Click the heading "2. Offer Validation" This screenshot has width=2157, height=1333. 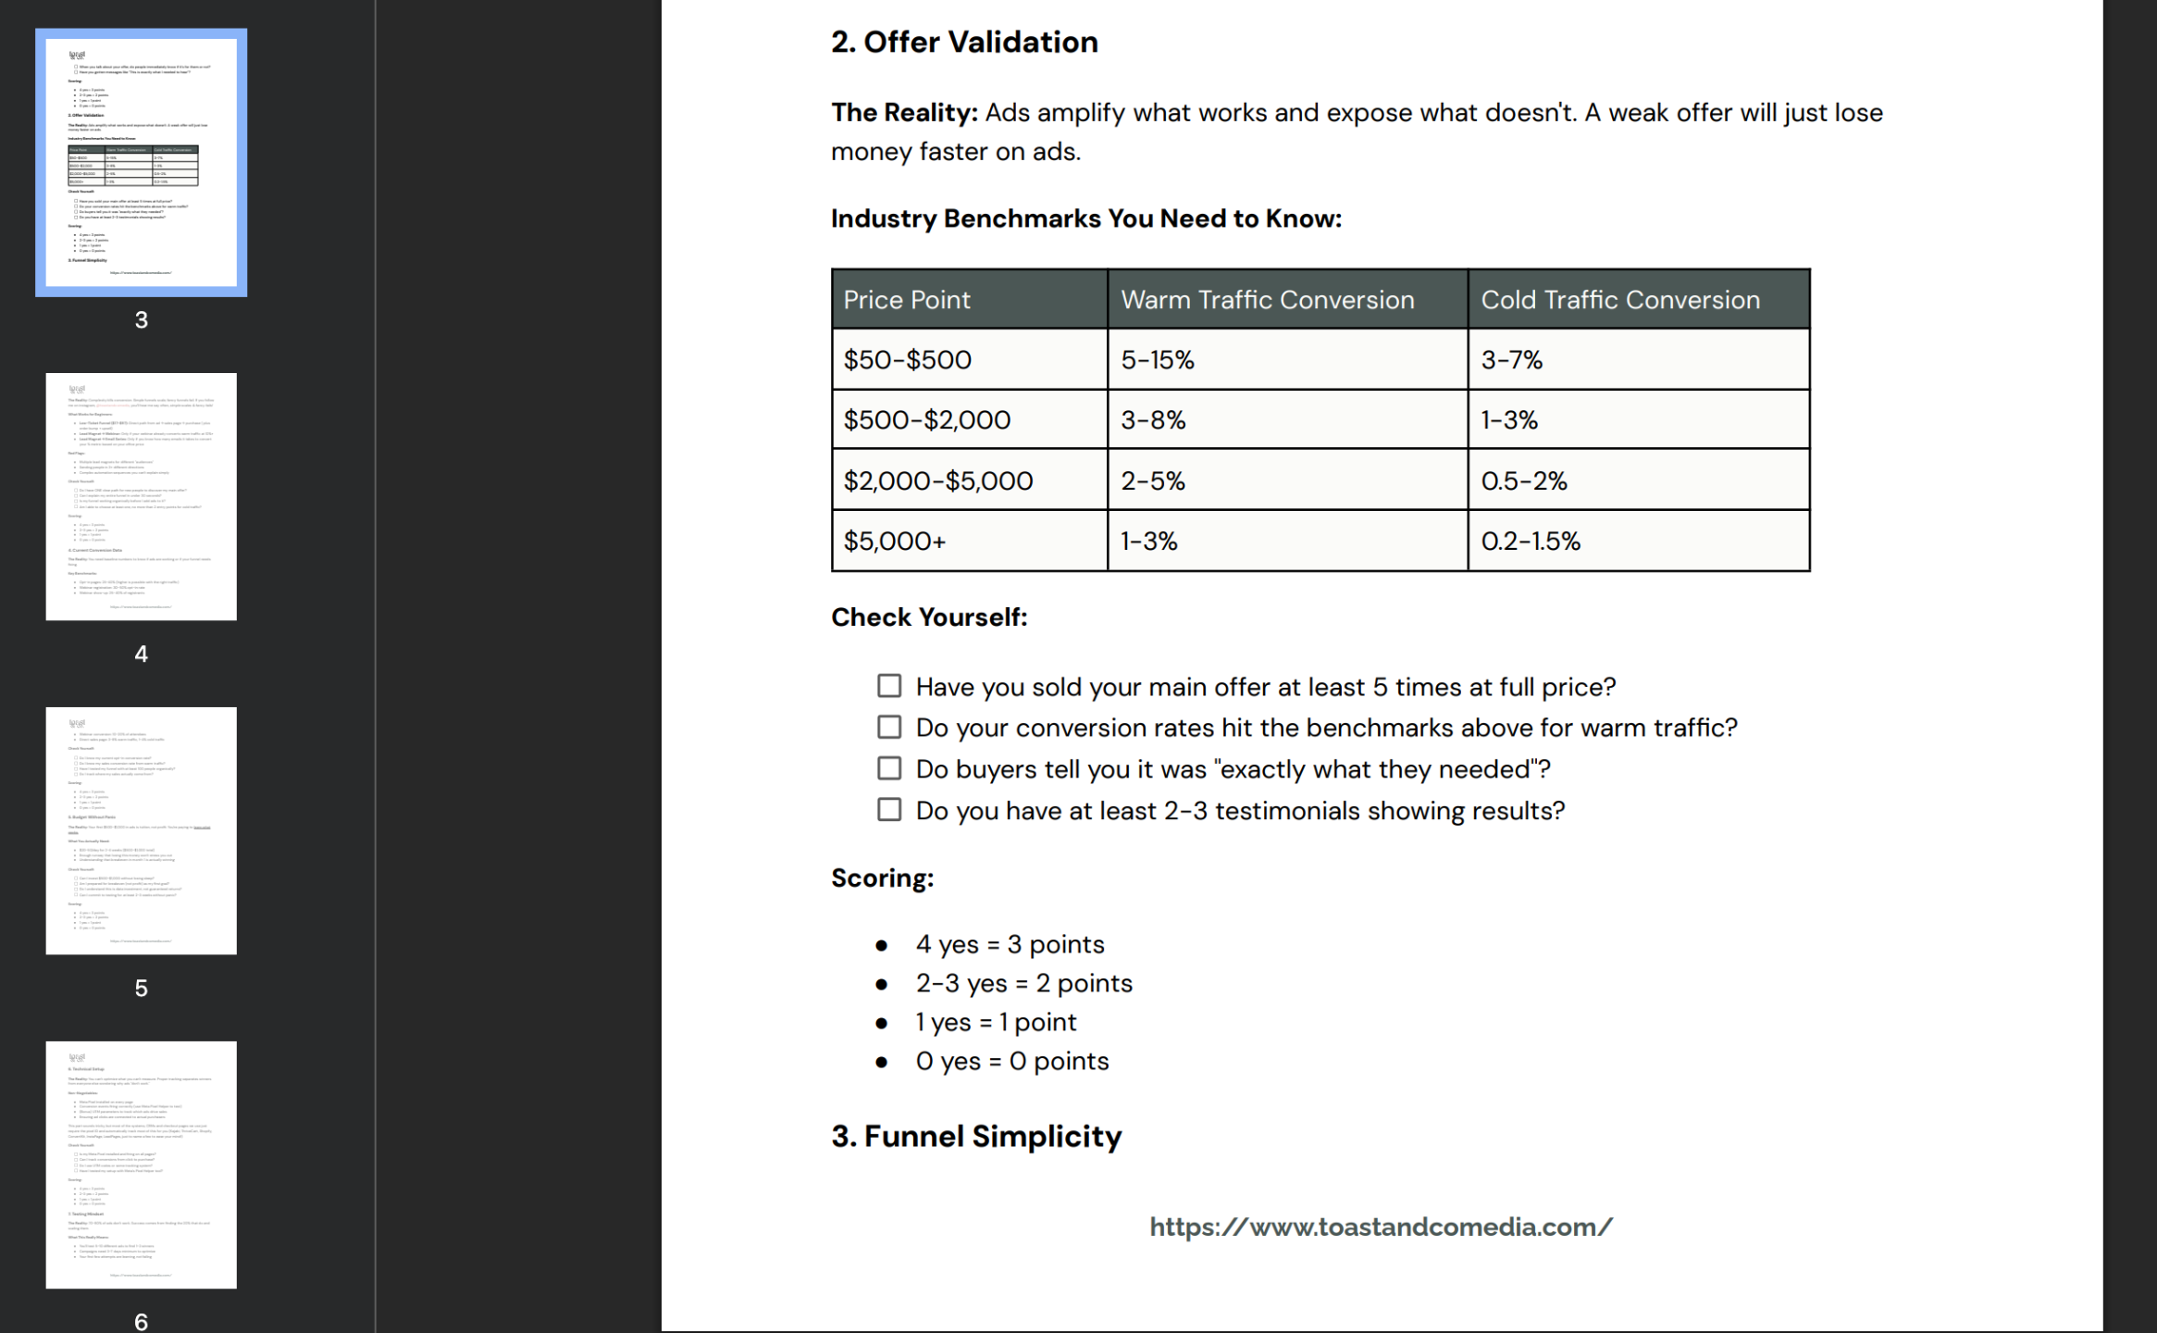click(x=963, y=43)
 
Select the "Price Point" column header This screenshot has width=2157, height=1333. click(x=907, y=300)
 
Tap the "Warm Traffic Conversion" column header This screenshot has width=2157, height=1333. click(x=1267, y=300)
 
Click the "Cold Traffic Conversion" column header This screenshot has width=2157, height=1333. click(x=1619, y=300)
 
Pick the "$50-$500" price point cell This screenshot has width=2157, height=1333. click(x=907, y=360)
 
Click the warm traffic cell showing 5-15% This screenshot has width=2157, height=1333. click(x=1157, y=360)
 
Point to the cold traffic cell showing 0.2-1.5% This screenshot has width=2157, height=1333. click(x=1530, y=542)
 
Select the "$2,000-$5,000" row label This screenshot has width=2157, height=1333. click(x=937, y=481)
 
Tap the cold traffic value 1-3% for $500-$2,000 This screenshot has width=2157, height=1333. click(x=1508, y=420)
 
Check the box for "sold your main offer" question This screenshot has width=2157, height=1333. click(x=889, y=686)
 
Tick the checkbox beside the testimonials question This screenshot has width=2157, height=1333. click(x=889, y=810)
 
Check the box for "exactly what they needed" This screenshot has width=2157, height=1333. click(x=889, y=768)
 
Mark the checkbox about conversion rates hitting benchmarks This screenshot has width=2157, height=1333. click(x=889, y=728)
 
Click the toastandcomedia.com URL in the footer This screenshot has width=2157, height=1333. click(x=1381, y=1227)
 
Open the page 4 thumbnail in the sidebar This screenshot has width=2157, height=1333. click(x=142, y=496)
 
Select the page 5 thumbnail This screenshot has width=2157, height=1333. click(x=142, y=830)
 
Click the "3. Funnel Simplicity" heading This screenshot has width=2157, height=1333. click(x=976, y=1137)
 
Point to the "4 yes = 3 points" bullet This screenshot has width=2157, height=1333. click(x=1010, y=944)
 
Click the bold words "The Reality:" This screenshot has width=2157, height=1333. click(x=903, y=113)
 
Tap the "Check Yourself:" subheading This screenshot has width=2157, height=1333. click(x=929, y=617)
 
